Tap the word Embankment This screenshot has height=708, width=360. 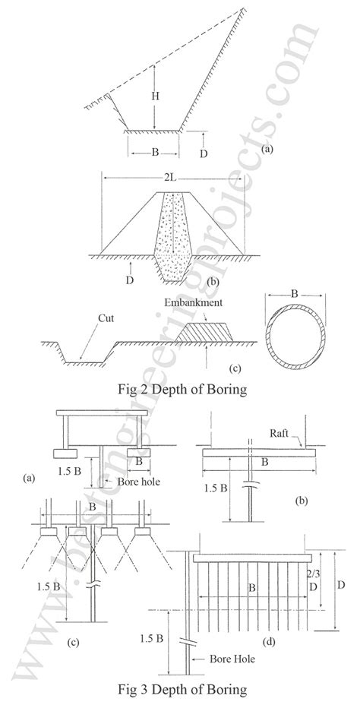(x=194, y=302)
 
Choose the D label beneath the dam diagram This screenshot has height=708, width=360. (x=133, y=271)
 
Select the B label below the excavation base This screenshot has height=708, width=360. (x=155, y=152)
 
